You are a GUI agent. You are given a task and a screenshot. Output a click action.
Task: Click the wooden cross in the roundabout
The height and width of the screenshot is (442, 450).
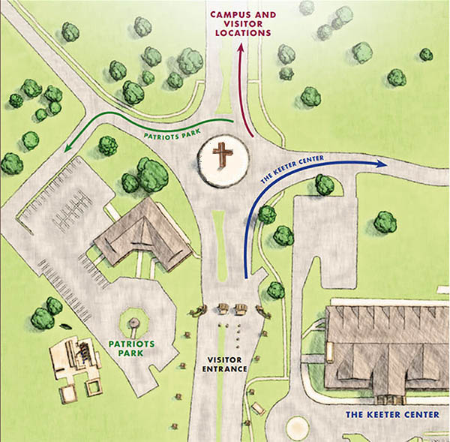tap(223, 157)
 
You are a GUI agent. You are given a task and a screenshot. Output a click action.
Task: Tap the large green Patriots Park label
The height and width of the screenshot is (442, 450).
tap(131, 348)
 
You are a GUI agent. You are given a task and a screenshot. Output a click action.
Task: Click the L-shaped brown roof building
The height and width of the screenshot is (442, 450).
tap(142, 235)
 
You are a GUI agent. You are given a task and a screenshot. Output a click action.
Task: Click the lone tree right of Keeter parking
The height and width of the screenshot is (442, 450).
tap(385, 221)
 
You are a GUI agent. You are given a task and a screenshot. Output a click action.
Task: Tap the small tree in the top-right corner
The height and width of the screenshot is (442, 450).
tap(426, 54)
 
